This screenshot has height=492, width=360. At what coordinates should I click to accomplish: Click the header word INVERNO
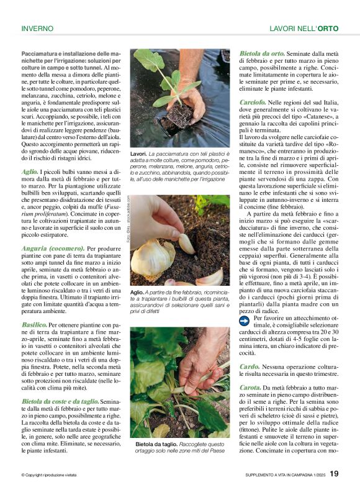(37, 29)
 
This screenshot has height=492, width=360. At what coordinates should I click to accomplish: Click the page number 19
(334, 474)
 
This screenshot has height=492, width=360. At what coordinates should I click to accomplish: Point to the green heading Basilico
(34, 324)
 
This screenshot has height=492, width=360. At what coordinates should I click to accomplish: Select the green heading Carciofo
(253, 101)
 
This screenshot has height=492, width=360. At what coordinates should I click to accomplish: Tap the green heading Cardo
(249, 367)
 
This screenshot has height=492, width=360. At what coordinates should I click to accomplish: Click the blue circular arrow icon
(245, 320)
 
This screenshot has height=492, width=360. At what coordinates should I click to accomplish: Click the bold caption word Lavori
(138, 153)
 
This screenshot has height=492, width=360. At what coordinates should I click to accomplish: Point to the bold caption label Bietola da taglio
(156, 445)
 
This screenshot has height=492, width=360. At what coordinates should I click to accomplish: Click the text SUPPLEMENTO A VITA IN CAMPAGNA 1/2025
(284, 475)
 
